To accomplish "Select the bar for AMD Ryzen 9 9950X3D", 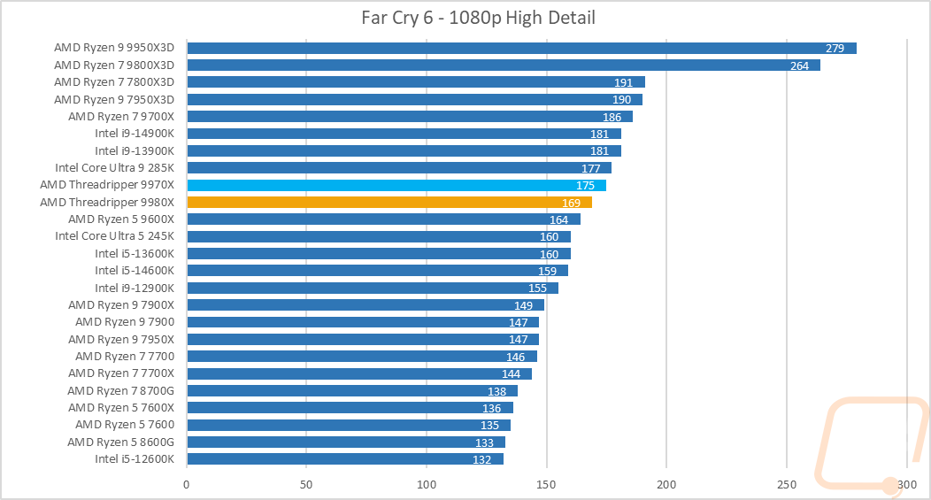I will (521, 48).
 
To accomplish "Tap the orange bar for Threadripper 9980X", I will (389, 203).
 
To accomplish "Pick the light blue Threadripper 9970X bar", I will (396, 185).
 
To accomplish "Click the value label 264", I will (799, 65).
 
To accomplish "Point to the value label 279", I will (835, 48).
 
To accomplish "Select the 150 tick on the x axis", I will (547, 484).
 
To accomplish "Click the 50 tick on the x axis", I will (306, 484).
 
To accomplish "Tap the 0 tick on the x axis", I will (187, 484).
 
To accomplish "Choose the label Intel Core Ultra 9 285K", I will (114, 168).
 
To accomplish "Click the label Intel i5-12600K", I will (135, 459).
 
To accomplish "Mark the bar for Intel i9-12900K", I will (372, 288).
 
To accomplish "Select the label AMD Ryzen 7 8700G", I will (121, 390).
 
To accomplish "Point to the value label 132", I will (482, 459).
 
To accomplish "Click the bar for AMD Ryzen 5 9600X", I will (383, 219).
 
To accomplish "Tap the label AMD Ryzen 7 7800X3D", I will (114, 82).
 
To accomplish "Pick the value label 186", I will (612, 117).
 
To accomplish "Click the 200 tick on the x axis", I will (666, 484).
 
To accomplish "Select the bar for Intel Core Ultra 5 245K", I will (378, 236).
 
